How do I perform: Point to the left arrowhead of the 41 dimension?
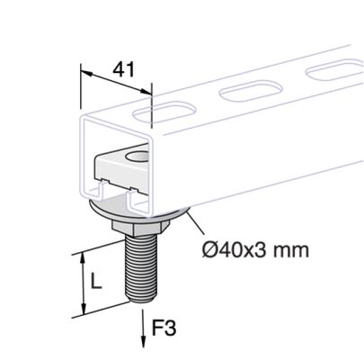82,71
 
